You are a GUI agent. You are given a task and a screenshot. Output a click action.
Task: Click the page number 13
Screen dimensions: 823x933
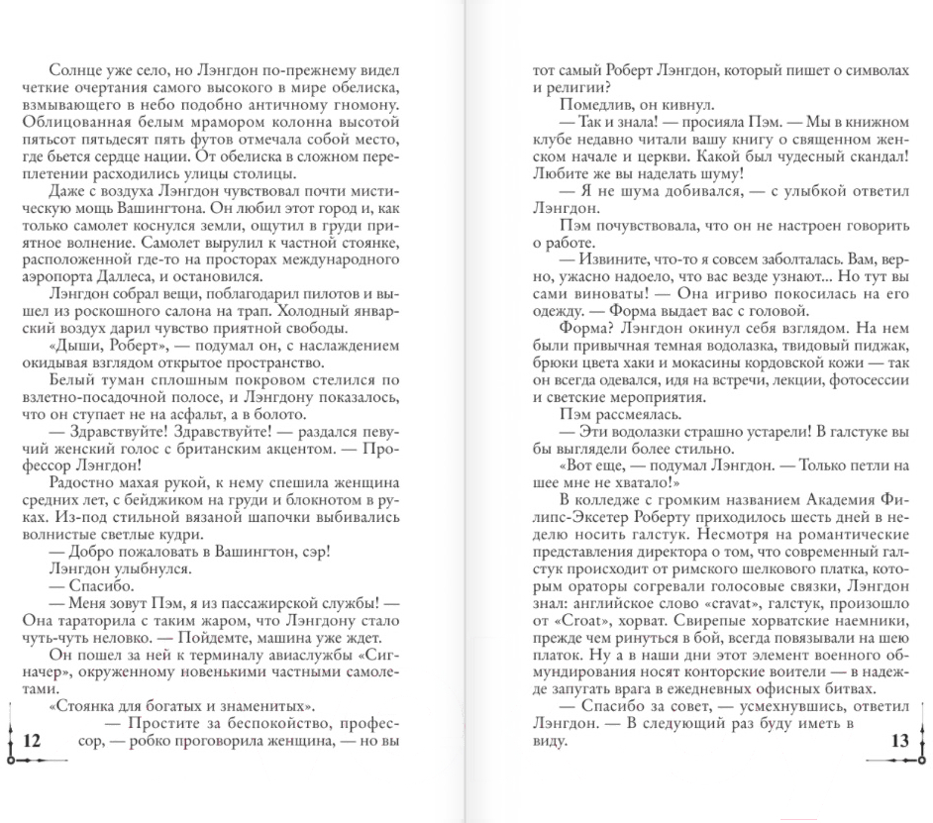pos(899,741)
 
